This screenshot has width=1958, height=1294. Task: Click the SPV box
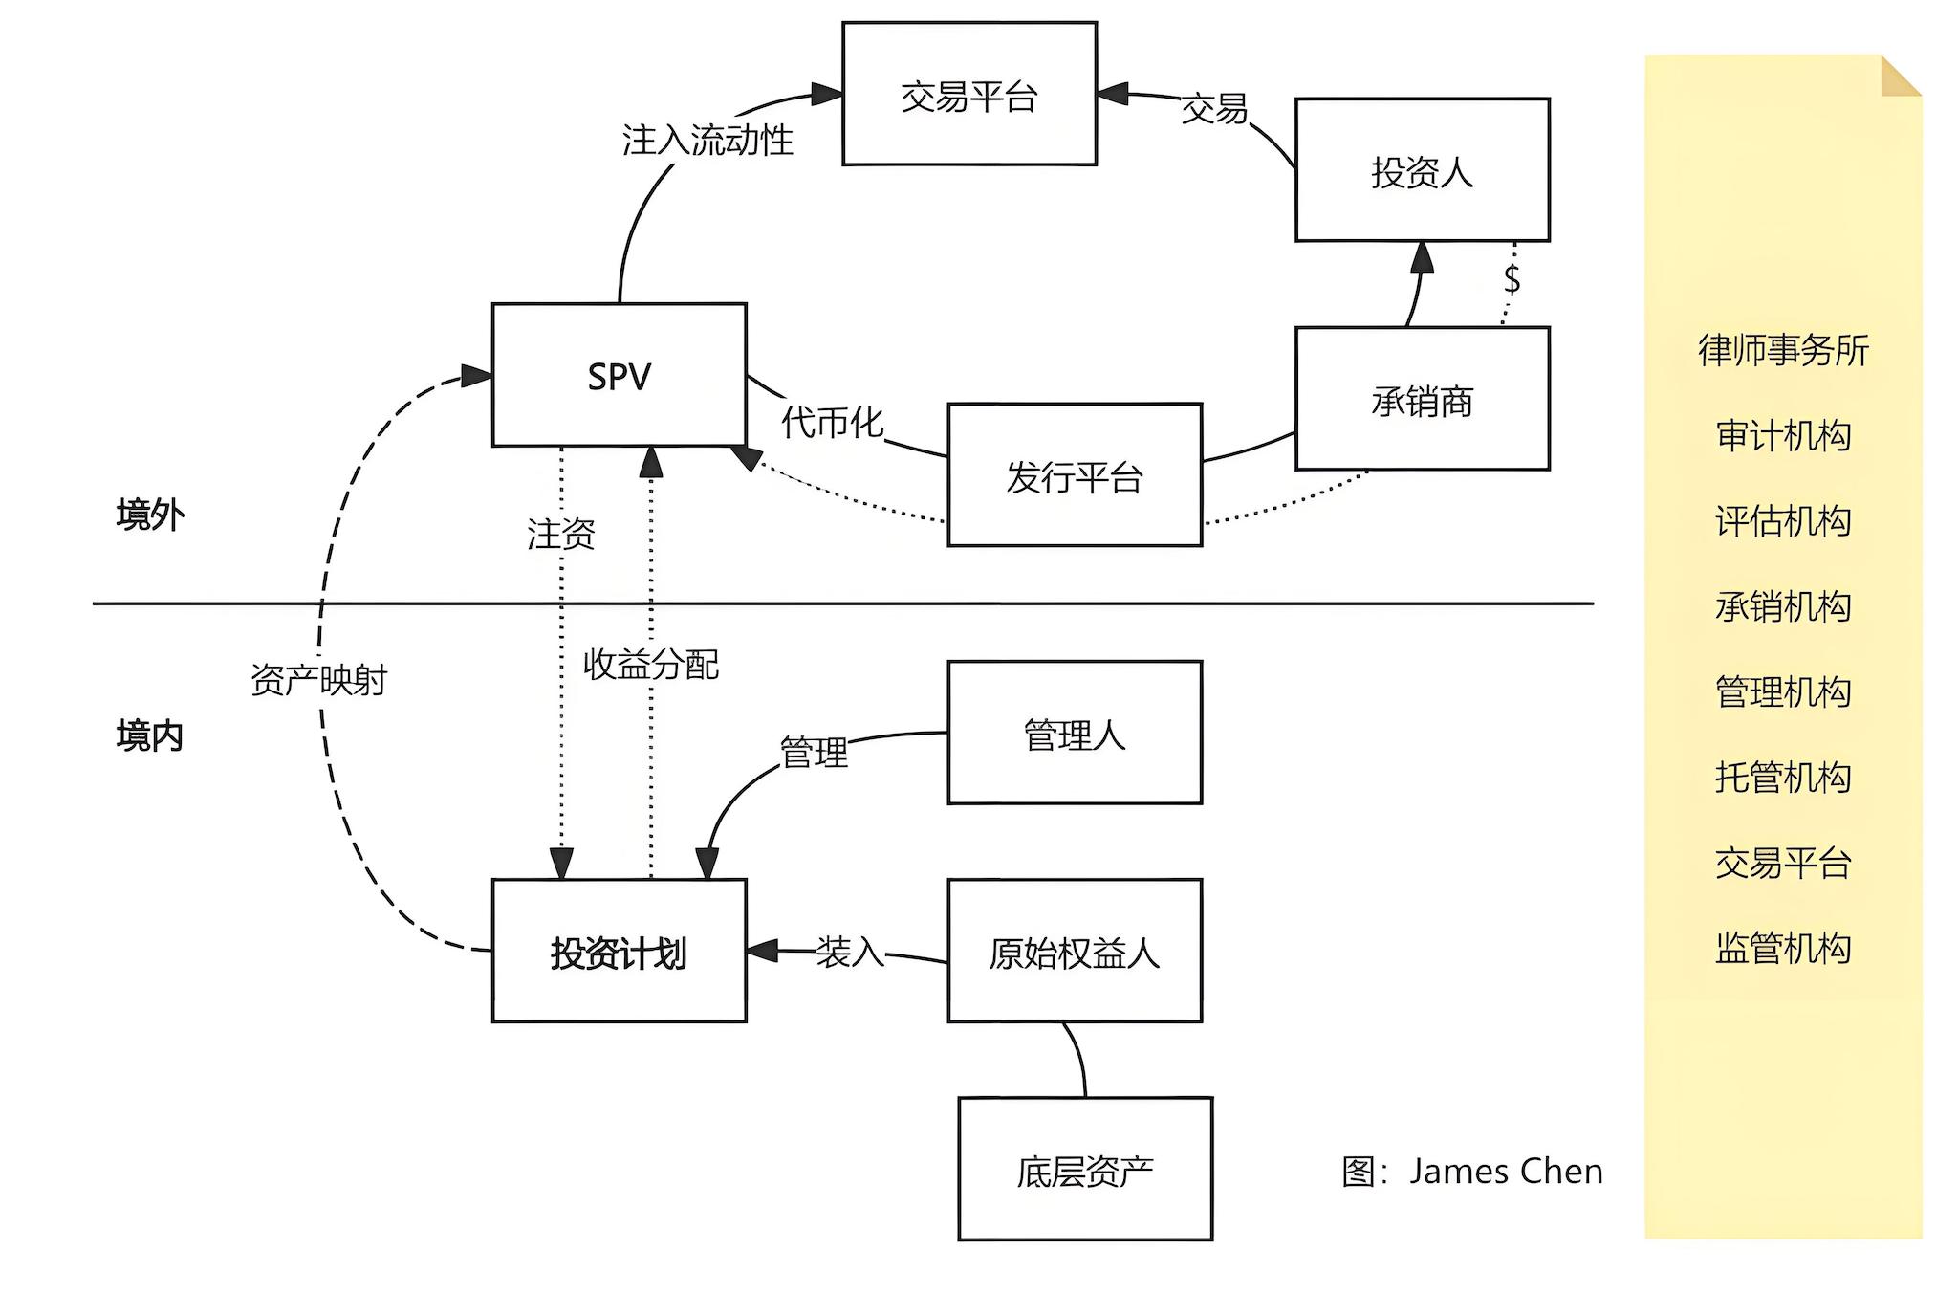pyautogui.click(x=619, y=375)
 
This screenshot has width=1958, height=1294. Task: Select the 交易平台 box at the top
pyautogui.click(x=968, y=94)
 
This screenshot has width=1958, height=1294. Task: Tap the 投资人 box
pyautogui.click(x=1422, y=170)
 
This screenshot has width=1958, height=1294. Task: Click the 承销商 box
pyautogui.click(x=1422, y=399)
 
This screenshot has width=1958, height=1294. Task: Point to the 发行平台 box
pyautogui.click(x=1074, y=475)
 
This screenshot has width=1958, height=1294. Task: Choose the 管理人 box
pyautogui.click(x=1074, y=733)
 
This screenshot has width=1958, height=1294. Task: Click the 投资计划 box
pyautogui.click(x=619, y=952)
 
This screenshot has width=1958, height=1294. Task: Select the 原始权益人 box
pyautogui.click(x=1074, y=952)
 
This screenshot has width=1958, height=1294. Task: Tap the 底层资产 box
pyautogui.click(x=1084, y=1170)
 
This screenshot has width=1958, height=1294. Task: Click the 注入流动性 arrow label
pyautogui.click(x=707, y=140)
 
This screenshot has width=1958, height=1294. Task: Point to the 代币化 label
pyautogui.click(x=832, y=422)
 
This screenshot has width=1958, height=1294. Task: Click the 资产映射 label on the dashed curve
pyautogui.click(x=318, y=680)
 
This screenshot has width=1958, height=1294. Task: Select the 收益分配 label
pyautogui.click(x=650, y=664)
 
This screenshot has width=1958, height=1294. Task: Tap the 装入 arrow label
pyautogui.click(x=849, y=952)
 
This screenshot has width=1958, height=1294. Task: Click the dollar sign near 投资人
pyautogui.click(x=1512, y=279)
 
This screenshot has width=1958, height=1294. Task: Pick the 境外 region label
pyautogui.click(x=150, y=515)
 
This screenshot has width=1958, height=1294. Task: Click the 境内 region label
pyautogui.click(x=150, y=735)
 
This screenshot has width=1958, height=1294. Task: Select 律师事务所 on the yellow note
pyautogui.click(x=1783, y=350)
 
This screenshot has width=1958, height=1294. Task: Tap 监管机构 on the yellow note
pyautogui.click(x=1783, y=948)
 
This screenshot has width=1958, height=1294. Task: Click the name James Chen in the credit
pyautogui.click(x=1505, y=1171)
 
